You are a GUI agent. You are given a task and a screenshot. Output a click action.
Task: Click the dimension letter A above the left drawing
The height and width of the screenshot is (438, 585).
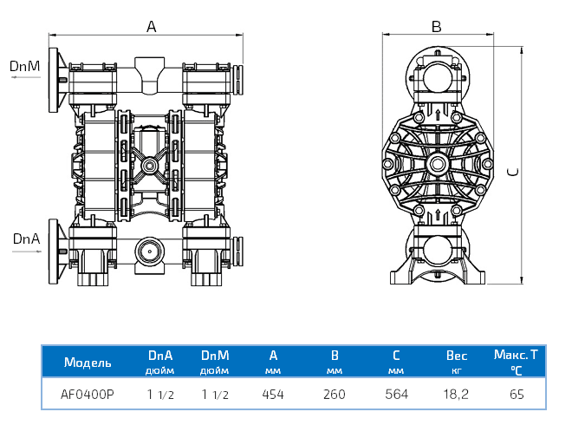tap(151, 27)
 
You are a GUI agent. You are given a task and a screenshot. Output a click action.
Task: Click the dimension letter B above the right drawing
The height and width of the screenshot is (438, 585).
tap(436, 27)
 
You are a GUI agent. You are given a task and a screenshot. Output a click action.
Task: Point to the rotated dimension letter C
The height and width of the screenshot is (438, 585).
tap(513, 172)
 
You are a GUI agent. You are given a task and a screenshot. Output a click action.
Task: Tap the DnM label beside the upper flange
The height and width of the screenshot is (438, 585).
tap(24, 66)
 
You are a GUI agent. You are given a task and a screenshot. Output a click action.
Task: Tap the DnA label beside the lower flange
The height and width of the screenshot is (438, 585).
tap(26, 239)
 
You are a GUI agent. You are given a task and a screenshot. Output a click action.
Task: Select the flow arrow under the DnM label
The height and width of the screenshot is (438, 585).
tap(26, 77)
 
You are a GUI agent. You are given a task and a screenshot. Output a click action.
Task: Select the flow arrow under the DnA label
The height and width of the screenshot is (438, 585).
tap(27, 252)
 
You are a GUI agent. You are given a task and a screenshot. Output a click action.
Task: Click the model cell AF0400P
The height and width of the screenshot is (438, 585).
tap(88, 395)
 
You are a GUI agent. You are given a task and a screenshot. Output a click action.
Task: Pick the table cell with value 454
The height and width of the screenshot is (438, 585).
tap(273, 395)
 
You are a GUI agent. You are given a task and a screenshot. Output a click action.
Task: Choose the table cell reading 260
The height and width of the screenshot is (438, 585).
tap(335, 395)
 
